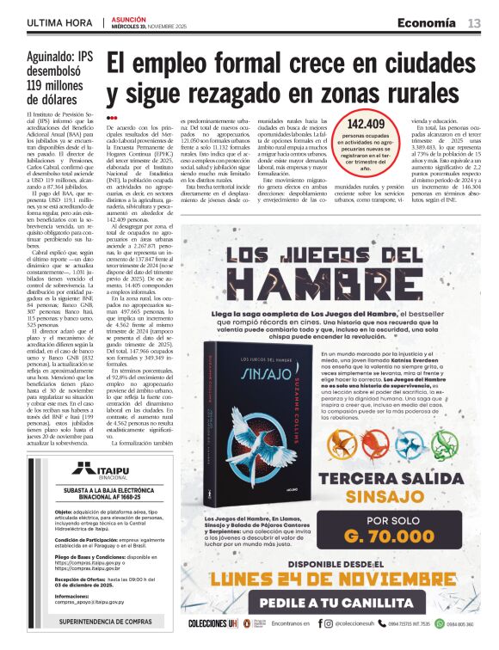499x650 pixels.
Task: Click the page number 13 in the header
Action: (x=474, y=23)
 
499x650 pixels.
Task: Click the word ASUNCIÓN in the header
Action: (x=126, y=19)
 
